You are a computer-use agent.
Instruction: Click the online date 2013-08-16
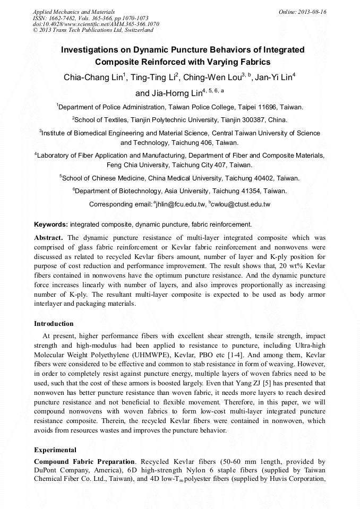pos(313,12)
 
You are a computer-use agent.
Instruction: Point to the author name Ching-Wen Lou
pos(212,77)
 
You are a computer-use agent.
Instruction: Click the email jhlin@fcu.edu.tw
pos(181,204)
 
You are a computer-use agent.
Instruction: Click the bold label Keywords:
pos(51,225)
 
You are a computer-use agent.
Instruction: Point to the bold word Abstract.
pos(49,237)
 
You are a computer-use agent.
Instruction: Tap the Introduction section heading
pos(54,324)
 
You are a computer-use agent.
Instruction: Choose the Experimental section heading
pos(55,450)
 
